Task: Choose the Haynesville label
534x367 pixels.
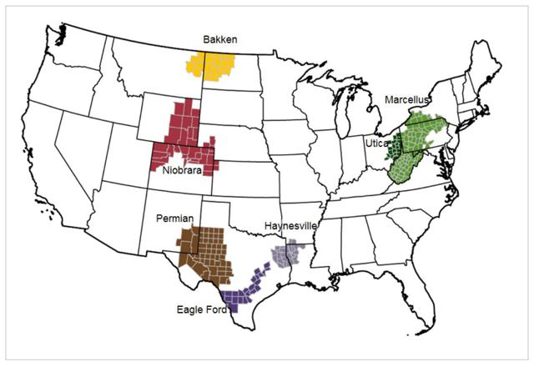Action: coord(289,226)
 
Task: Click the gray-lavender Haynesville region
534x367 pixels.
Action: coord(288,255)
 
